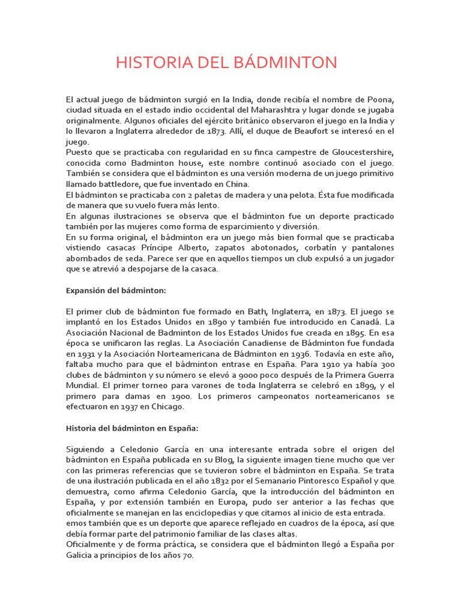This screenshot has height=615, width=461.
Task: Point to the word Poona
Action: [381, 99]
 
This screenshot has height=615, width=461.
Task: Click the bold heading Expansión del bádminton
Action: [115, 290]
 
